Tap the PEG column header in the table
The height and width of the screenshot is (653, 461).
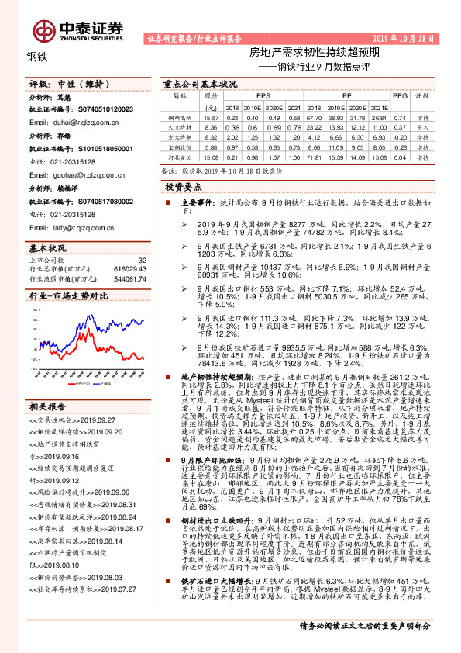pyautogui.click(x=400, y=96)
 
